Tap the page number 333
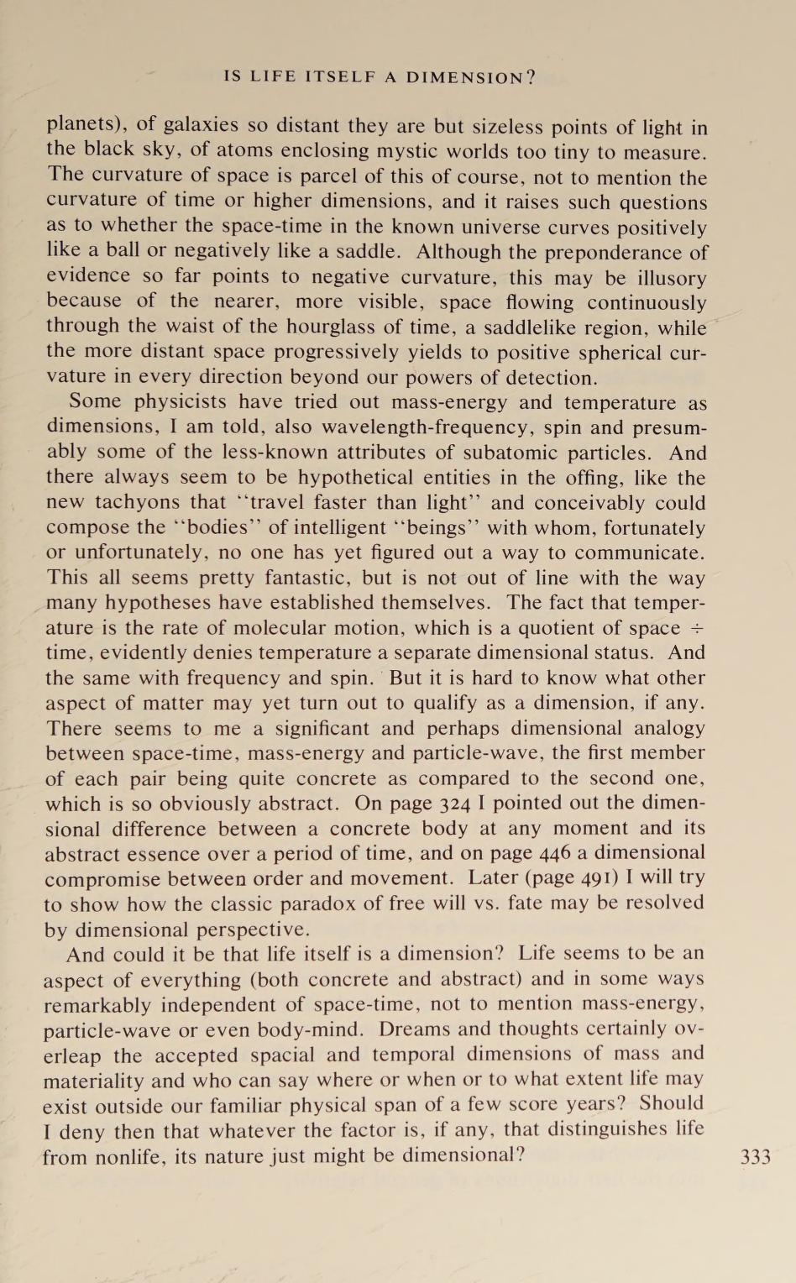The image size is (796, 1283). pos(756,1157)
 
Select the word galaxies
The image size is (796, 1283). pos(202,127)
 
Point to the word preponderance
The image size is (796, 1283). pos(594,252)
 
